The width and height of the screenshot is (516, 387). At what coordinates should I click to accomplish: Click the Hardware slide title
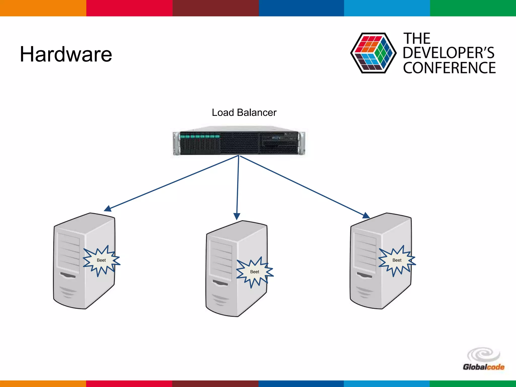(66, 54)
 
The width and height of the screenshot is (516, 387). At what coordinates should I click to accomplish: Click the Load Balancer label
(244, 113)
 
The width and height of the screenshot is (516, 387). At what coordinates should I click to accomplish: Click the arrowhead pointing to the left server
(108, 209)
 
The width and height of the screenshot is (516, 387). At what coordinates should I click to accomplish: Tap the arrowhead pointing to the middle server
(237, 216)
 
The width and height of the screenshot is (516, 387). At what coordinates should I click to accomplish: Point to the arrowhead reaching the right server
(366, 215)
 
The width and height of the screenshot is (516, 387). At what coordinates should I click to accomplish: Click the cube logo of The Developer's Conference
(373, 53)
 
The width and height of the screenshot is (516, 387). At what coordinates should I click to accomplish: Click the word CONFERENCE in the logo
(449, 68)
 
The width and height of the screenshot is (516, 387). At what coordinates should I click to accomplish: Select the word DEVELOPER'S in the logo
(448, 53)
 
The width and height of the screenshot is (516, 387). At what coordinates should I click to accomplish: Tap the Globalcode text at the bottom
(483, 367)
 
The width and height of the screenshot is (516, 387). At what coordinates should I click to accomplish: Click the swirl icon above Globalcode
(483, 354)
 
